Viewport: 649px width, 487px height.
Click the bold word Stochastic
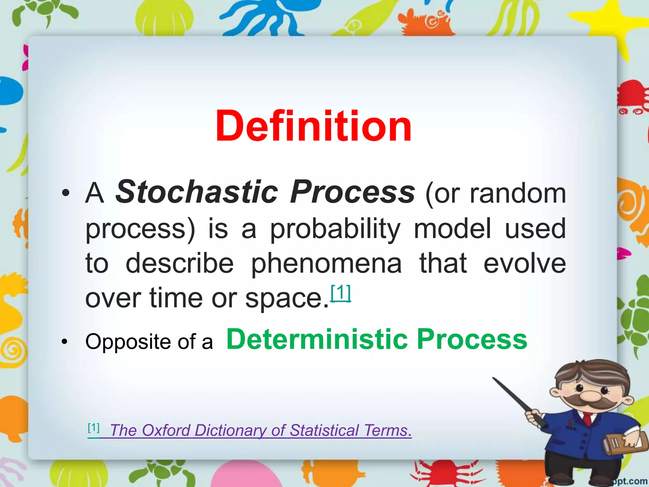[196, 192]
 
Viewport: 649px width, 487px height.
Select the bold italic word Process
[352, 192]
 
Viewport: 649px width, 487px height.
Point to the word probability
[335, 229]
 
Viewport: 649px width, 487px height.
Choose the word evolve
[524, 263]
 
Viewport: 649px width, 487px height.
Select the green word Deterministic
[317, 339]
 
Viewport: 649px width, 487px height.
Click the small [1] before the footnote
[93, 428]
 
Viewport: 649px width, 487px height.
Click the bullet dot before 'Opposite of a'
[65, 342]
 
